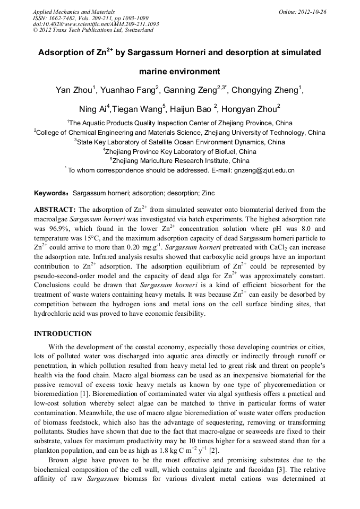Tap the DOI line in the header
(96, 24)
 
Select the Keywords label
(52, 193)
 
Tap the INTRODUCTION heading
(63, 334)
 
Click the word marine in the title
(156, 71)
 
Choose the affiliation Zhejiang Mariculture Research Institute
(181, 160)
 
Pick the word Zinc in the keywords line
(208, 193)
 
